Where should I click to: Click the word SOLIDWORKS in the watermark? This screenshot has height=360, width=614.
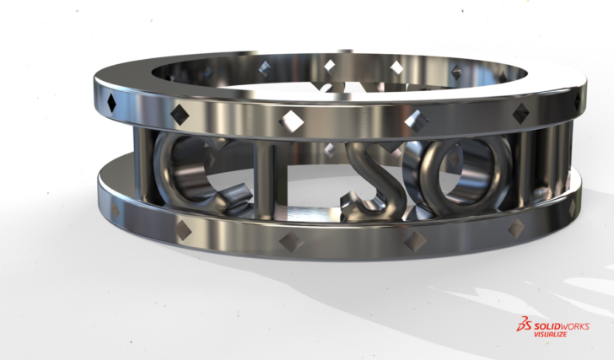click(x=561, y=326)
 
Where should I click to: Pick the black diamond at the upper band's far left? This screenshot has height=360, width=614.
click(x=111, y=103)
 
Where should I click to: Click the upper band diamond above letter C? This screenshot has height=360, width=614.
click(x=180, y=110)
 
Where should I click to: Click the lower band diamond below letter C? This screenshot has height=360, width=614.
click(x=180, y=225)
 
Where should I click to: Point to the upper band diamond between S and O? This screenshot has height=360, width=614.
click(x=413, y=121)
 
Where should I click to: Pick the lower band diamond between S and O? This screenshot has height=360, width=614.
click(x=414, y=241)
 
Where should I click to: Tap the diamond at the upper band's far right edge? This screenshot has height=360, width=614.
click(x=578, y=101)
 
